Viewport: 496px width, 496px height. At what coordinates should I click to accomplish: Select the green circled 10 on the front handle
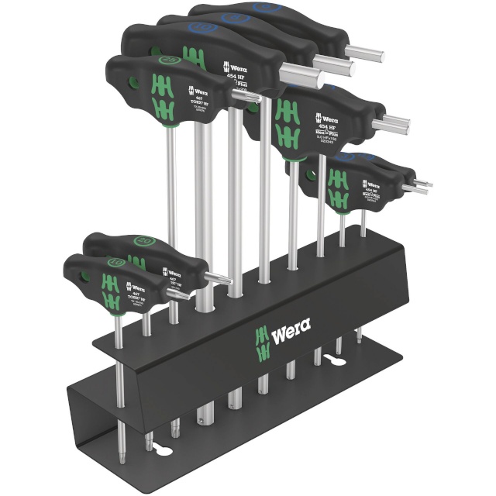[x=116, y=261]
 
